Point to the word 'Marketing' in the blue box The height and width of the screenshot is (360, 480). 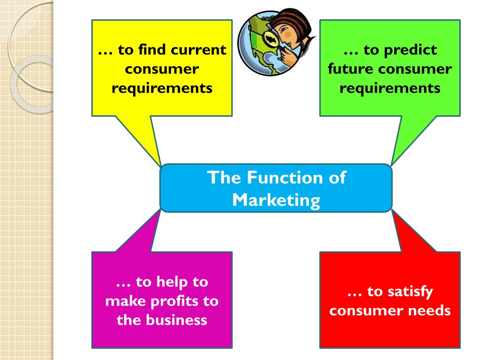pyautogui.click(x=276, y=200)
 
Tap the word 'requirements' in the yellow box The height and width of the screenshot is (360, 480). pyautogui.click(x=162, y=88)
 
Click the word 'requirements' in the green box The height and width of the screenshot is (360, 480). pyautogui.click(x=390, y=88)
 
